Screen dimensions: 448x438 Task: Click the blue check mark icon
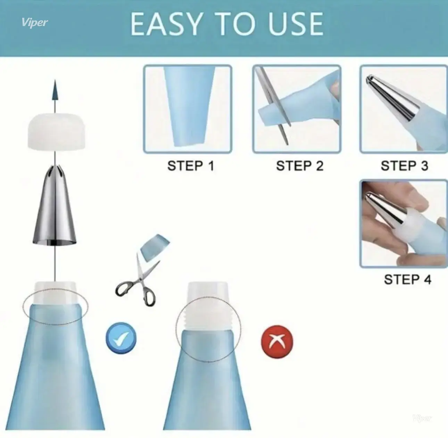pos(121,338)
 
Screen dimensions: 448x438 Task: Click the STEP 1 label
pos(191,166)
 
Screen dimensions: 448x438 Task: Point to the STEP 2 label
pos(300,166)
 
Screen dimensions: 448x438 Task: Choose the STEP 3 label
pos(405,166)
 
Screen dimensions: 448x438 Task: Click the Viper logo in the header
pos(35,23)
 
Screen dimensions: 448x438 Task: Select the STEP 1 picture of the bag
pos(188,109)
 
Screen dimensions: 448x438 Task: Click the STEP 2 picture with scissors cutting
pos(297,109)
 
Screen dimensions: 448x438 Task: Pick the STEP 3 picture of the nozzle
pos(404,109)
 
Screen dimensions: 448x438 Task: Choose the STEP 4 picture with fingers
pos(404,224)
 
